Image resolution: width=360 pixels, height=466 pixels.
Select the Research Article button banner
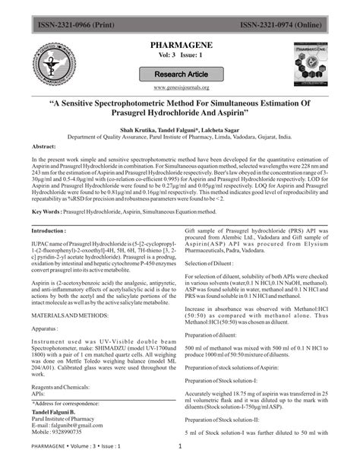tap(181, 74)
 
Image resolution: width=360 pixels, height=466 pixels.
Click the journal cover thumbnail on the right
tap(312, 64)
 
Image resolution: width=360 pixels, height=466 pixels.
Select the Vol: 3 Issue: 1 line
tap(180, 59)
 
